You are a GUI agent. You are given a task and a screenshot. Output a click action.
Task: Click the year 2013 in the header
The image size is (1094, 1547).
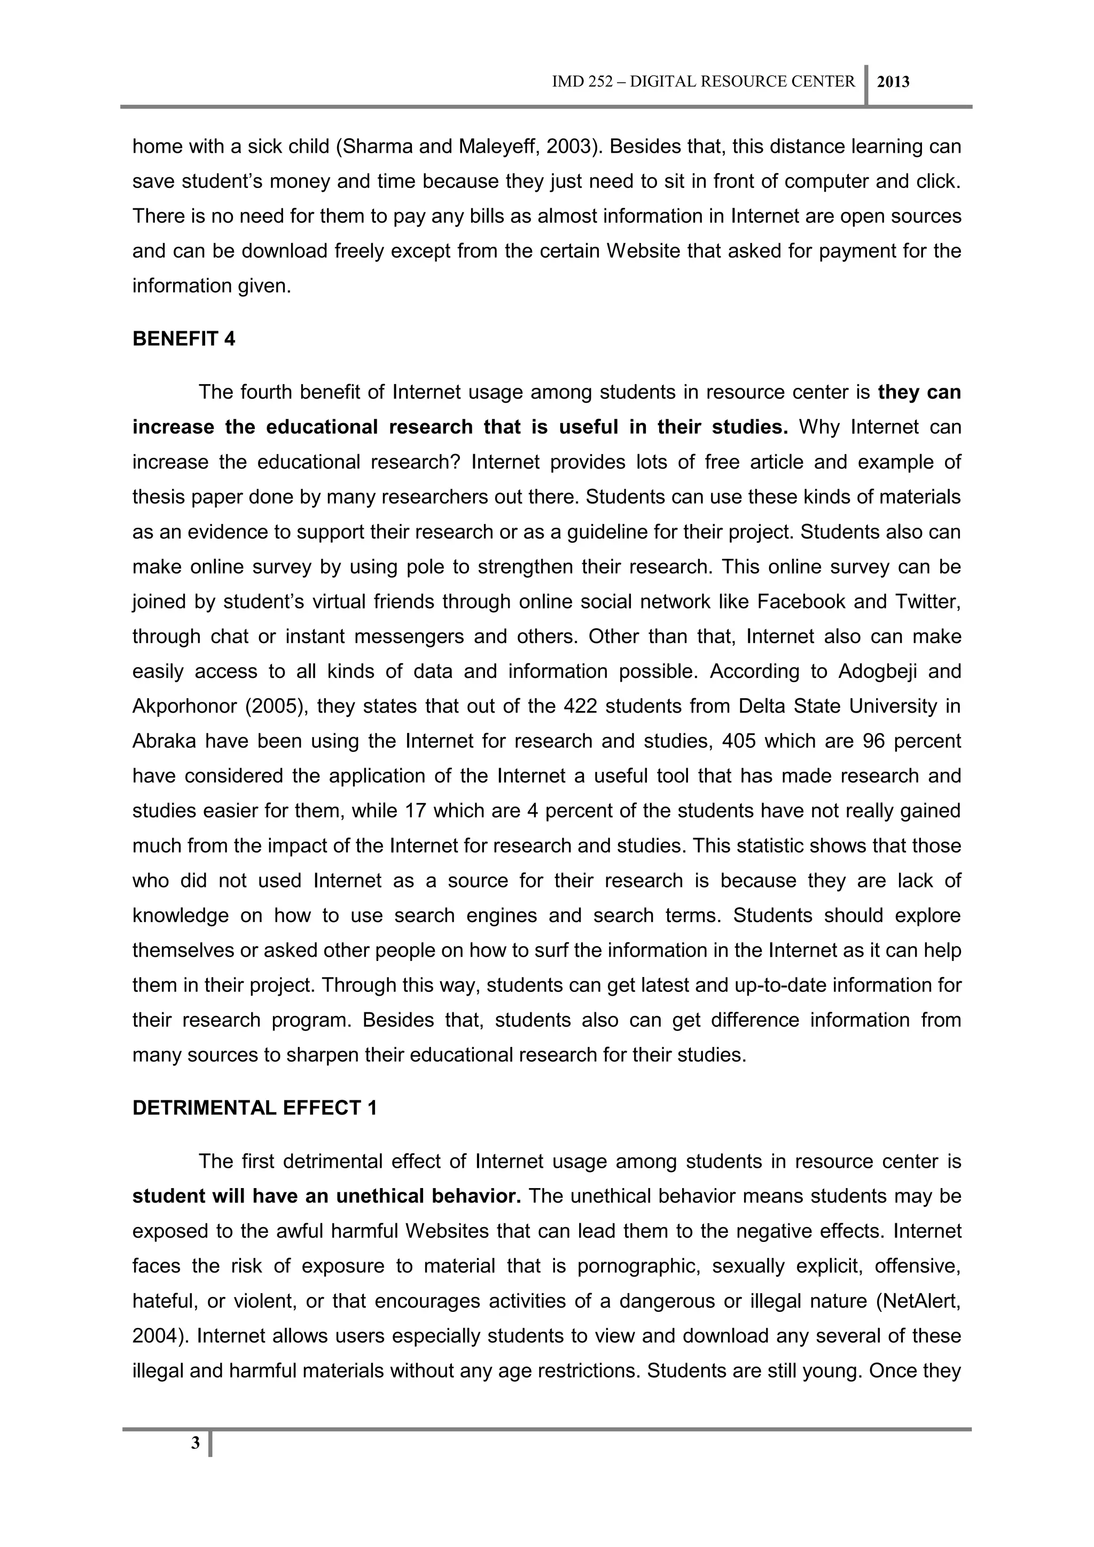click(x=893, y=82)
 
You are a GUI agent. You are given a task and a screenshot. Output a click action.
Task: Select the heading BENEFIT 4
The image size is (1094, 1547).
click(x=184, y=339)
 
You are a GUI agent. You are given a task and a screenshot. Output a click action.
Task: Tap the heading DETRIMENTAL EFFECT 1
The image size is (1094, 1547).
click(x=255, y=1108)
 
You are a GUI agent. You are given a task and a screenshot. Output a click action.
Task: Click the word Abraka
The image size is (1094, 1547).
click(x=163, y=741)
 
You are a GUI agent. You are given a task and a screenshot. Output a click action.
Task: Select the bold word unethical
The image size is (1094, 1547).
click(x=380, y=1197)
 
